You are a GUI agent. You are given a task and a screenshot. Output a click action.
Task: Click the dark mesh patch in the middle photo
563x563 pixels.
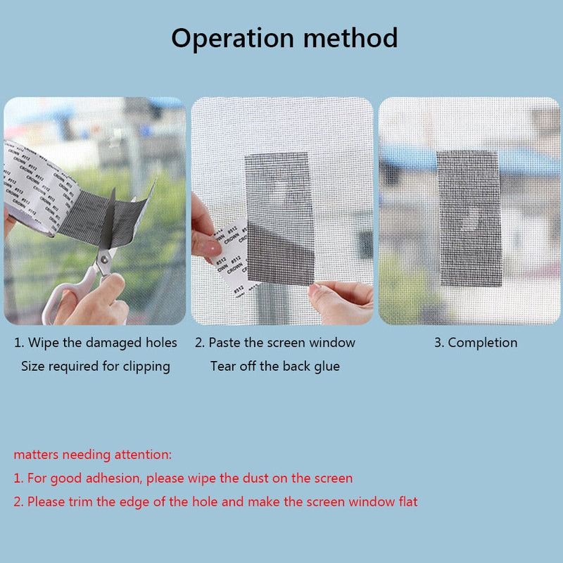click(x=279, y=218)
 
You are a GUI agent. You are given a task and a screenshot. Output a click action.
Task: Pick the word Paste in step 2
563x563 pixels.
click(x=226, y=343)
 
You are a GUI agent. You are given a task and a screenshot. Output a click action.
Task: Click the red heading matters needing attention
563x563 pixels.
click(x=92, y=455)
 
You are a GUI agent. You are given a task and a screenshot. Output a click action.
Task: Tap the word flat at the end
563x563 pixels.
click(x=404, y=502)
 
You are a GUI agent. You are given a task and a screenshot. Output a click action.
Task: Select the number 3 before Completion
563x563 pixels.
click(x=436, y=343)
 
